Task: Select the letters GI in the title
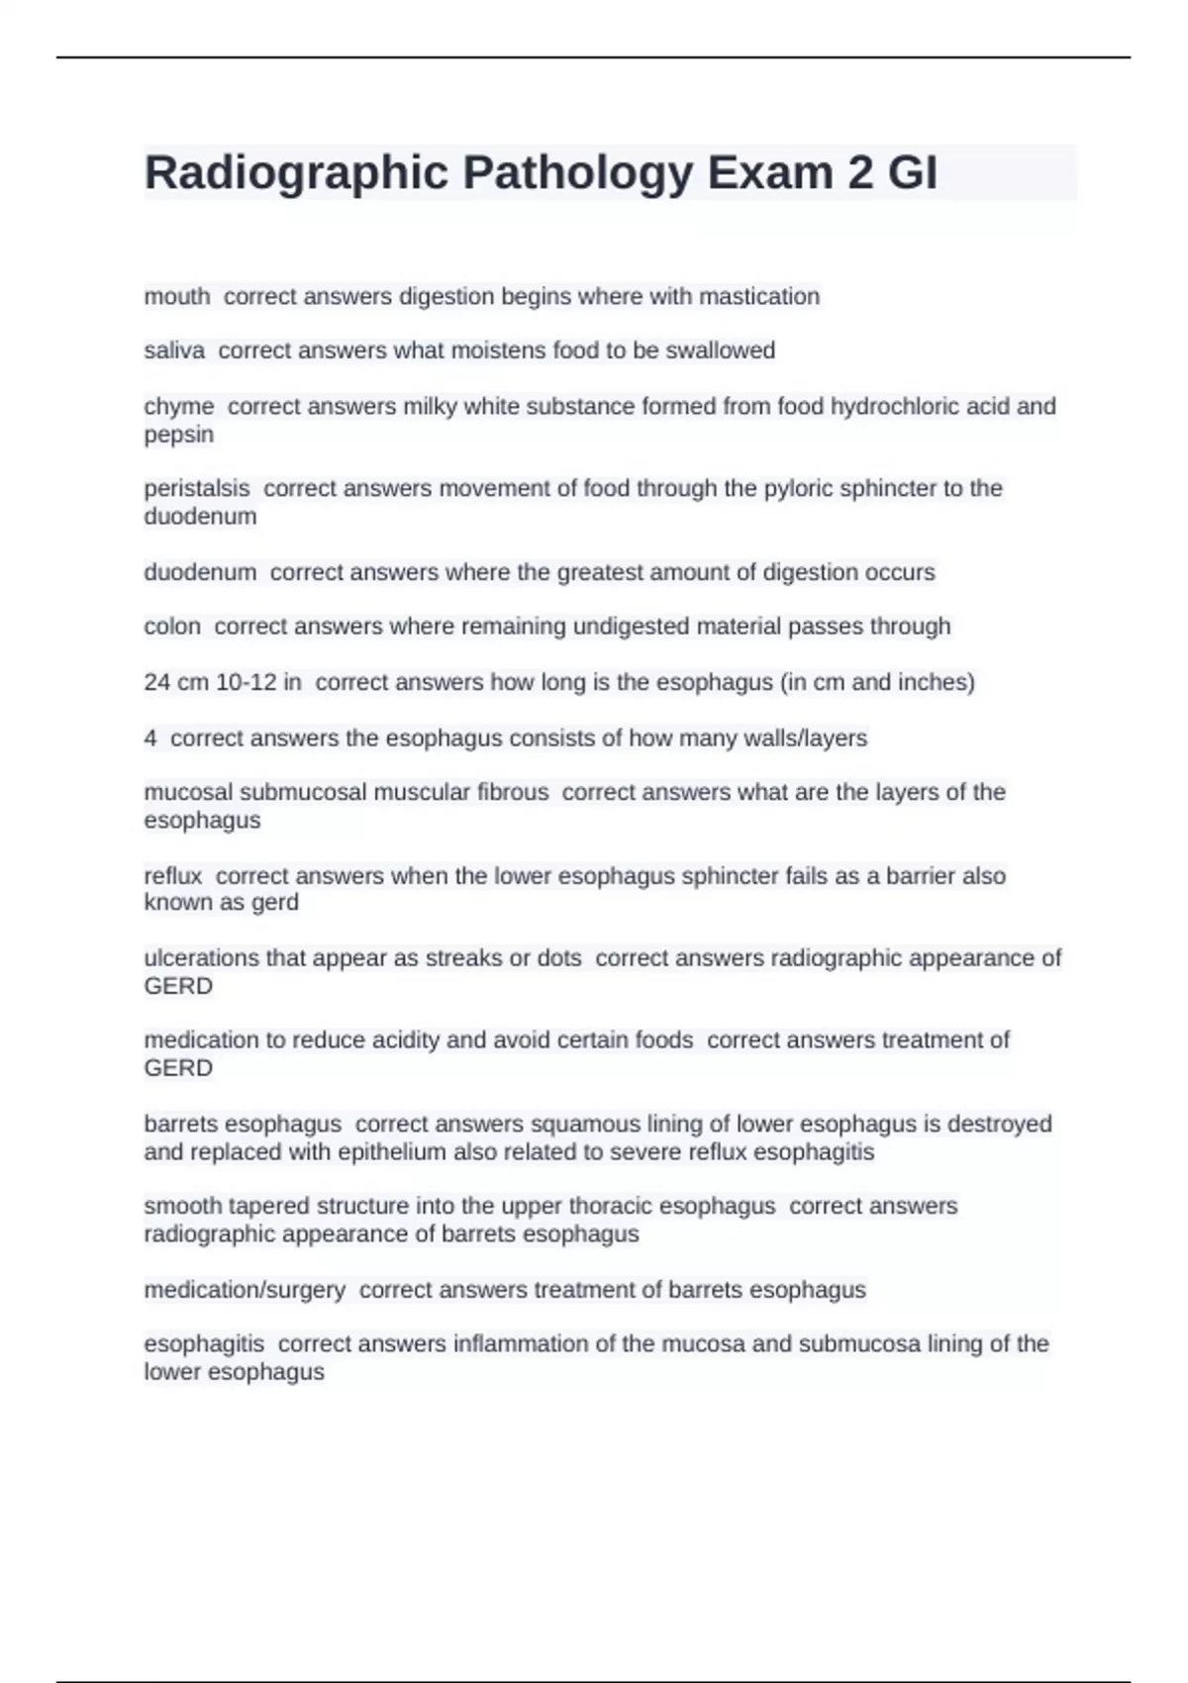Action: point(912,173)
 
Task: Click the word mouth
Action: point(177,296)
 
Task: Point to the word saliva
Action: point(174,350)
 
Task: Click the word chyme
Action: point(179,406)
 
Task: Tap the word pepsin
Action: point(179,435)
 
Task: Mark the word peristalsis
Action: point(197,488)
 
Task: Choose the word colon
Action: point(172,626)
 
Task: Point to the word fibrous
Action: point(513,792)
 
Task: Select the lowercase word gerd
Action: point(276,903)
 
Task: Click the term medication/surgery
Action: point(245,1290)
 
